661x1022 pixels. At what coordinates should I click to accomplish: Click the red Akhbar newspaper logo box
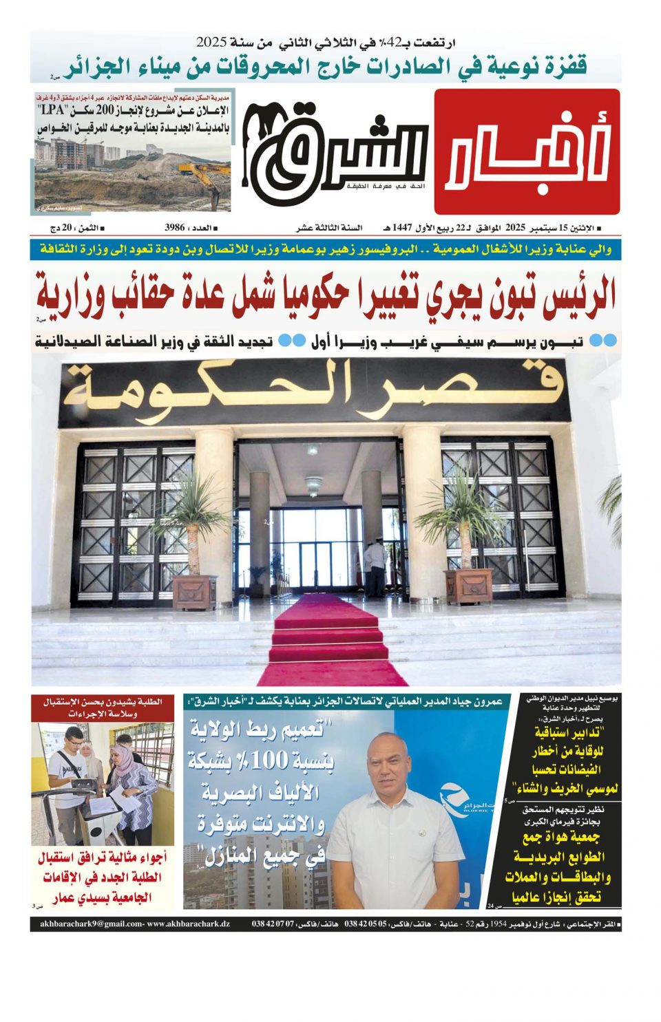tap(527, 152)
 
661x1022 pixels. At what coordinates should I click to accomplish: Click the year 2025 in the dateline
tap(516, 228)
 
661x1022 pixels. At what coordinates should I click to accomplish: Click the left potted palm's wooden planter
tap(195, 593)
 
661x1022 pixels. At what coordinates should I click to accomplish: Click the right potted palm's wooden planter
tap(468, 586)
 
